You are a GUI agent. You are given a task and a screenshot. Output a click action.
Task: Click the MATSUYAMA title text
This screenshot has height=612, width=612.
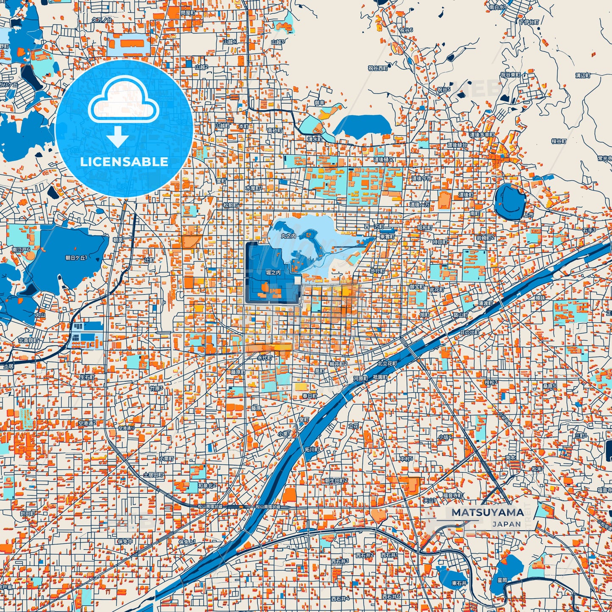pyautogui.click(x=487, y=512)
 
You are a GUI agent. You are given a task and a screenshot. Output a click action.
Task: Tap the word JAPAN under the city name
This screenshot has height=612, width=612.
pyautogui.click(x=507, y=524)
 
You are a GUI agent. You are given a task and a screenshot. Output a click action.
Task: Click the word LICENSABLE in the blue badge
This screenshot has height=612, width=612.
pyautogui.click(x=124, y=162)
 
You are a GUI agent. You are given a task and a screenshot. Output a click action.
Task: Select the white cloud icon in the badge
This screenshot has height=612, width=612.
pyautogui.click(x=123, y=100)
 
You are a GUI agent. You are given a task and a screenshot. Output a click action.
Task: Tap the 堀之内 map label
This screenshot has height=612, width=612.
pyautogui.click(x=273, y=273)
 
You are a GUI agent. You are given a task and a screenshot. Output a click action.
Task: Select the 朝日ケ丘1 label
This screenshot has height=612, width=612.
pyautogui.click(x=76, y=258)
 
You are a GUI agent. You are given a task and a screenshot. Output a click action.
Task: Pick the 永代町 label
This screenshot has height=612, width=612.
pyautogui.click(x=265, y=357)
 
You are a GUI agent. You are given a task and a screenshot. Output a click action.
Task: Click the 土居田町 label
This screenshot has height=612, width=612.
pyautogui.click(x=153, y=475)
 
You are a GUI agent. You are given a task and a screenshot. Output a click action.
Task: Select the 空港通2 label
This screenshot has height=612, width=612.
pyautogui.click(x=87, y=423)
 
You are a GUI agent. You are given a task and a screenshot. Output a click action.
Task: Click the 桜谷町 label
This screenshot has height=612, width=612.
pyautogui.click(x=559, y=141)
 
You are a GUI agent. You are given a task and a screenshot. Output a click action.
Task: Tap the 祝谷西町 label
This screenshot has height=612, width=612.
pyautogui.click(x=378, y=68)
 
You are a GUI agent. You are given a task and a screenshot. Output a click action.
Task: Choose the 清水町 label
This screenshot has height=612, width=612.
pyautogui.click(x=315, y=139)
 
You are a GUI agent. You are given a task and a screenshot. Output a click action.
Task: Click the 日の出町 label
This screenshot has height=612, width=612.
pyautogui.click(x=469, y=332)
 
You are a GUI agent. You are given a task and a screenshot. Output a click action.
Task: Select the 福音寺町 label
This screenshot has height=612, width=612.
pyautogui.click(x=453, y=495)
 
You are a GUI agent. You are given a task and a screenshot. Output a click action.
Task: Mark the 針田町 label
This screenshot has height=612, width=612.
pyautogui.click(x=28, y=513)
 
